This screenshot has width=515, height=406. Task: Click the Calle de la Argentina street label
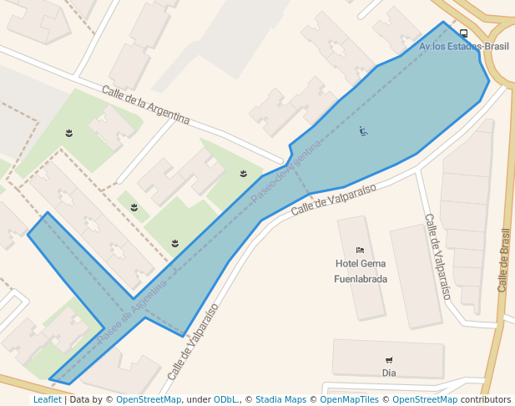tap(146, 104)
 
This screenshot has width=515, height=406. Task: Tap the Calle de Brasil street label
tap(502, 260)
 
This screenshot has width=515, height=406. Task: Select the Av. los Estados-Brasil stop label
tap(464, 47)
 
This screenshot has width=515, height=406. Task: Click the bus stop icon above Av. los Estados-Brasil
tap(463, 34)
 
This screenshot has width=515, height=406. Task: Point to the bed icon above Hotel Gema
tap(360, 250)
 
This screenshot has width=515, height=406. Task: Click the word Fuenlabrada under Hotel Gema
tap(361, 279)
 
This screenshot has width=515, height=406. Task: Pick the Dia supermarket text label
tap(389, 373)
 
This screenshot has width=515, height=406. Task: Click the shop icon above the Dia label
tap(389, 360)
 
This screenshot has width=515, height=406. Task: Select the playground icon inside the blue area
tap(363, 130)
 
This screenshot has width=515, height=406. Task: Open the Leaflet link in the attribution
tap(47, 400)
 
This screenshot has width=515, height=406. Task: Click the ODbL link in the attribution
tap(227, 400)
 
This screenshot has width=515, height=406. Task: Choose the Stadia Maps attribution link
tap(280, 400)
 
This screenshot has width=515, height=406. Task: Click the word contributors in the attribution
tap(486, 400)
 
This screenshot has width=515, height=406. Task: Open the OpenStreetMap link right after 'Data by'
tap(149, 400)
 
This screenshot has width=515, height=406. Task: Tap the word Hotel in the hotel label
tap(346, 264)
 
